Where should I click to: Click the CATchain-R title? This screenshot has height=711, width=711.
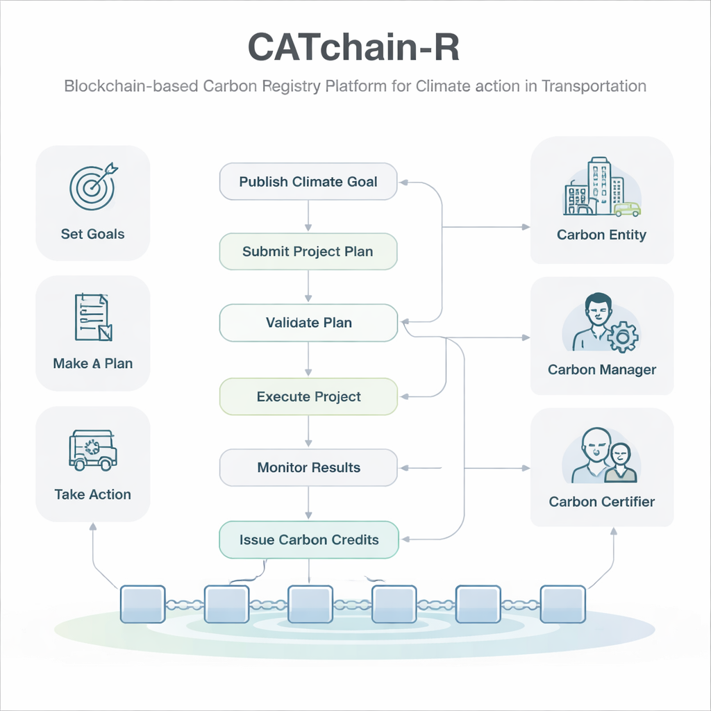[353, 49]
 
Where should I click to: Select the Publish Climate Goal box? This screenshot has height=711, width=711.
[308, 182]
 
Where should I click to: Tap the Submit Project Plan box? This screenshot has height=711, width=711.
[308, 251]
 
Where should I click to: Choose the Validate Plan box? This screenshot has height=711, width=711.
[308, 323]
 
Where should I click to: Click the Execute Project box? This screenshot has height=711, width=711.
[308, 397]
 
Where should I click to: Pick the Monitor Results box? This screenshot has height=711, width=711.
[308, 467]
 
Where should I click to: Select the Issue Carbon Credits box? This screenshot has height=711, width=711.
[308, 539]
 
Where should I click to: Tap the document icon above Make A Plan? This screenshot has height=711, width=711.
[92, 317]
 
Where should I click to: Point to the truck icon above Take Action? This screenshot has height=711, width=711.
[92, 450]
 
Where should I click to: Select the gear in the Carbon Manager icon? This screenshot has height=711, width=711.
[622, 337]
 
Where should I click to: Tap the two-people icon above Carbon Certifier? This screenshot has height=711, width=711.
[602, 455]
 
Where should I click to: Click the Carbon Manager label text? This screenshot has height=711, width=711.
[601, 369]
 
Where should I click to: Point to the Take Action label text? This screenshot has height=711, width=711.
[92, 494]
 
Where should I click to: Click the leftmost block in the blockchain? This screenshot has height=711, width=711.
[142, 603]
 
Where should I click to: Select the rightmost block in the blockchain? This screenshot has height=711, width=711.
[562, 603]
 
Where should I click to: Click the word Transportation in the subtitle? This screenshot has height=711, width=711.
[594, 87]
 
